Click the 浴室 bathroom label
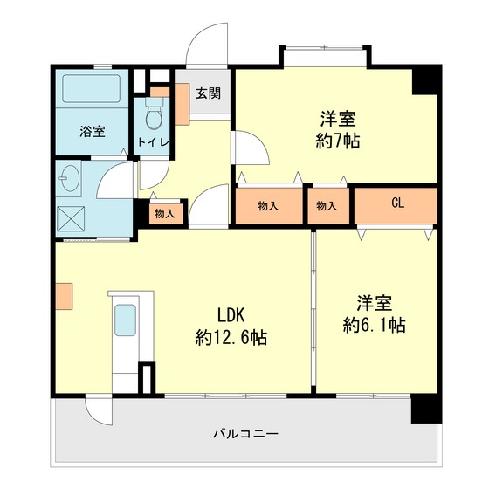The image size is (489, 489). click(x=93, y=132)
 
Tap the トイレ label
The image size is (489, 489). click(x=154, y=141)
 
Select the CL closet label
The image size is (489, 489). click(x=397, y=203)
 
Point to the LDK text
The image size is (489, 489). click(x=231, y=315)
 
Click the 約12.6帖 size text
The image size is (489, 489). click(x=231, y=338)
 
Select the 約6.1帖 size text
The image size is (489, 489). click(x=374, y=326)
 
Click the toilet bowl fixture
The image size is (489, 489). click(x=154, y=114)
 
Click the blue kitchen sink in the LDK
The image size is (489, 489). click(x=126, y=322)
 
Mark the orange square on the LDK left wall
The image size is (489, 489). click(x=65, y=297)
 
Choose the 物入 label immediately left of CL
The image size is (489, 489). click(x=327, y=206)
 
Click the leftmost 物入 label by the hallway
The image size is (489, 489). click(x=164, y=213)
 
